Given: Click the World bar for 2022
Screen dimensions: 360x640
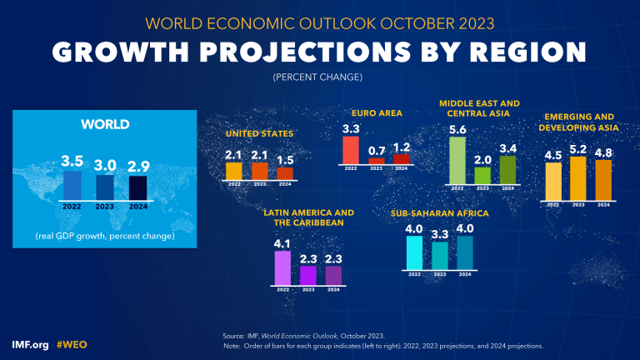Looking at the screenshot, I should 72,185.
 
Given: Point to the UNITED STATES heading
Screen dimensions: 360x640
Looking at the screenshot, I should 259,132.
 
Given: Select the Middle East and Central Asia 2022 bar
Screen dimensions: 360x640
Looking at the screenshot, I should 457,160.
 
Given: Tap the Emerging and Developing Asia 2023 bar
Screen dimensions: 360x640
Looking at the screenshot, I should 578,177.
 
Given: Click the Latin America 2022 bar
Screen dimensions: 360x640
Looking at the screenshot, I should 282,267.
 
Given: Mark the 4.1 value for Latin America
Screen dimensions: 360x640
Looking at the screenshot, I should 282,242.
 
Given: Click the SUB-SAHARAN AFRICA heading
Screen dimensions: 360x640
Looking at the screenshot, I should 439,213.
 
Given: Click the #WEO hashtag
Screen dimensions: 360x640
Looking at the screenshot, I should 72,344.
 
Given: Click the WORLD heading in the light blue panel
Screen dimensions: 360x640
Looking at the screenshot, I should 104,124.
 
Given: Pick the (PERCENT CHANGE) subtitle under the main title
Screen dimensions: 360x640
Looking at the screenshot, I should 319,77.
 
